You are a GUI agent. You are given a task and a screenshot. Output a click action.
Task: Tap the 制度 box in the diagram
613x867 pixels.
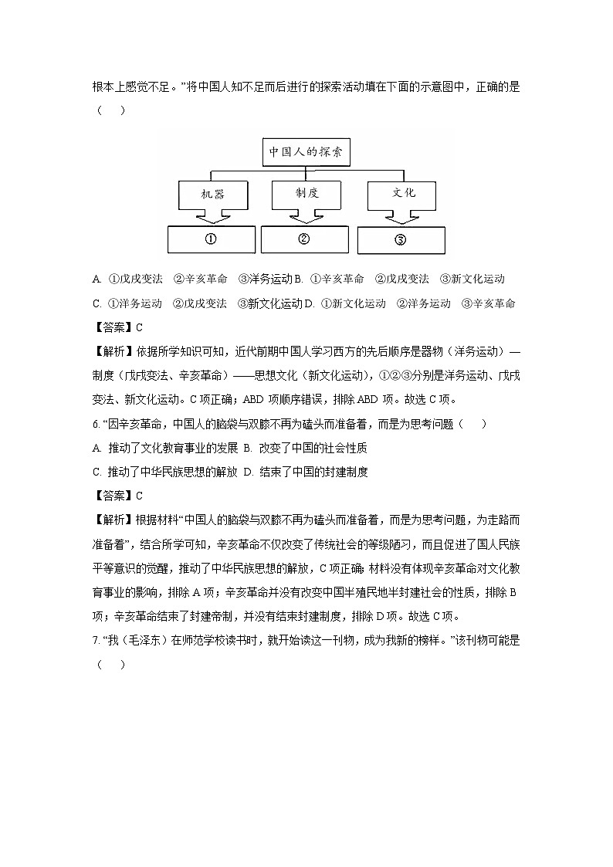(x=306, y=193)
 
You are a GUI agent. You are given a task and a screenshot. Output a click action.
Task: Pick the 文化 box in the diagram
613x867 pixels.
(x=403, y=193)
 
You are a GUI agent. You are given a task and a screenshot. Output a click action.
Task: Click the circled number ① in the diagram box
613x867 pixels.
(x=210, y=239)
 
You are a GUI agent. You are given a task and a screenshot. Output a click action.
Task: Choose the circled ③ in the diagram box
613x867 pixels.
(x=400, y=239)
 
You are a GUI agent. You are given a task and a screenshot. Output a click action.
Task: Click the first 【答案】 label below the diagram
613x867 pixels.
(x=113, y=327)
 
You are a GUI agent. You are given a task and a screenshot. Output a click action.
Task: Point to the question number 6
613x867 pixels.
(x=95, y=424)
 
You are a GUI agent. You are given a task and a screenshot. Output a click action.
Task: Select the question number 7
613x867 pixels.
(x=95, y=641)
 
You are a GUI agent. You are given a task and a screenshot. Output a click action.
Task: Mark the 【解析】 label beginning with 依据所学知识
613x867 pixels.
(x=113, y=351)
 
